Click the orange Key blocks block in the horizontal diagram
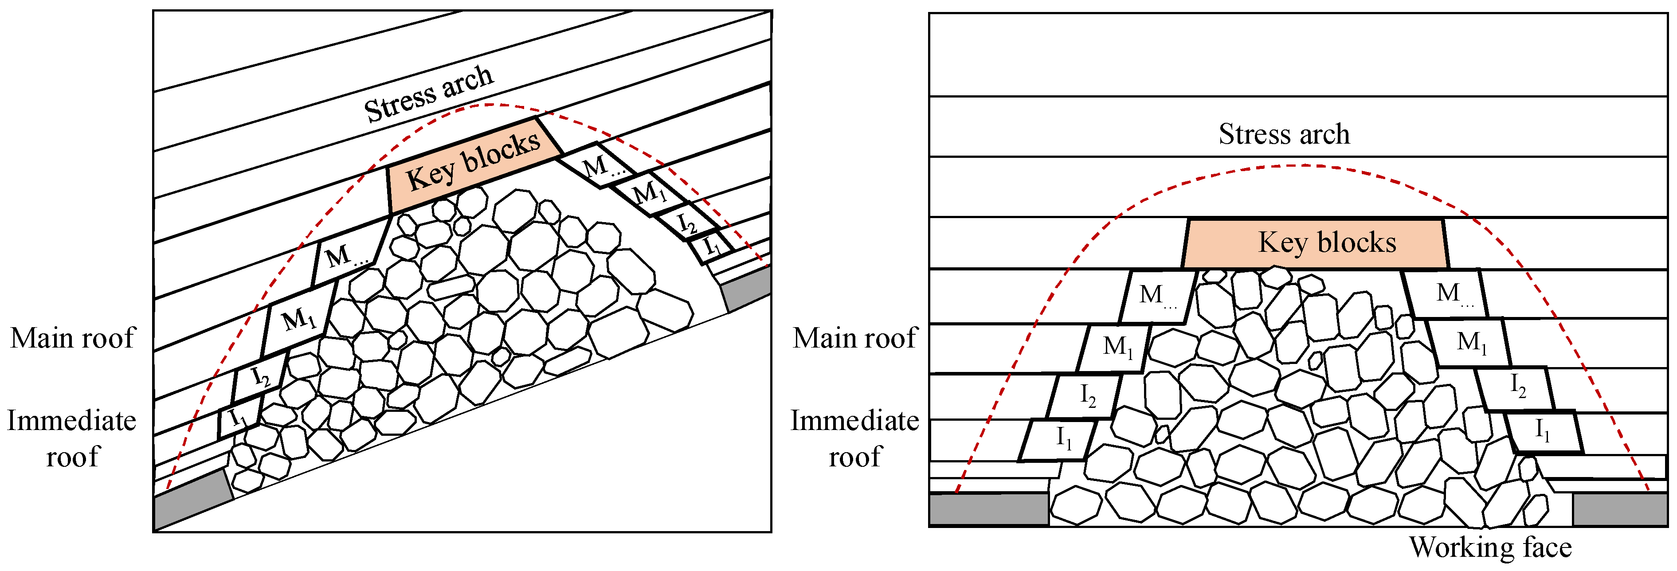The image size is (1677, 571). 1315,243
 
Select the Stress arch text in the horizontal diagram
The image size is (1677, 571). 1284,134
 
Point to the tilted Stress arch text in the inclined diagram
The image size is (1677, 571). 428,94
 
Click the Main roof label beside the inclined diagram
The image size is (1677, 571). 72,338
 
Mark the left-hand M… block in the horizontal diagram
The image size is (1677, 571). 1157,296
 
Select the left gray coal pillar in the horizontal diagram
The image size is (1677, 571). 988,509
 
